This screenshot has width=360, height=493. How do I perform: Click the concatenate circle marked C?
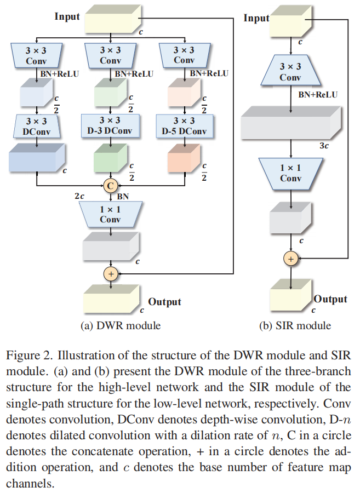[x=110, y=185]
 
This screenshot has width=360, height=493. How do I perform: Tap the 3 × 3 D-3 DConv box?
[x=110, y=125]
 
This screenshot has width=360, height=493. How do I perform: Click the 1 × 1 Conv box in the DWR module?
[x=110, y=214]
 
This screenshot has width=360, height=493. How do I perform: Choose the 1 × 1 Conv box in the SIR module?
[x=290, y=173]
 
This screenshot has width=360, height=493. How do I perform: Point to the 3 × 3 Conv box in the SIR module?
[x=290, y=72]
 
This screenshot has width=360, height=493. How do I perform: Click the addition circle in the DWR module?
[x=111, y=273]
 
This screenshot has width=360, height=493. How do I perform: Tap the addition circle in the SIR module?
[x=291, y=259]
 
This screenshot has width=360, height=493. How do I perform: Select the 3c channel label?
[x=324, y=146]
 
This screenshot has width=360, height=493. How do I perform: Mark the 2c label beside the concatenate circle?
[x=79, y=196]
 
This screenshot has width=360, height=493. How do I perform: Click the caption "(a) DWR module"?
[x=121, y=325]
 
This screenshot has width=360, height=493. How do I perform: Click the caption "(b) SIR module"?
[x=295, y=325]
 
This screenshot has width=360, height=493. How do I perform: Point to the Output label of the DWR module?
[x=164, y=302]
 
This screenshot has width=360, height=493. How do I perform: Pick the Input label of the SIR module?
[x=256, y=18]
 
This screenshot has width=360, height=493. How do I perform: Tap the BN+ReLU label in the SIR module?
[x=318, y=95]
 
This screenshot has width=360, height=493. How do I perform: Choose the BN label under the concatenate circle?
[x=123, y=196]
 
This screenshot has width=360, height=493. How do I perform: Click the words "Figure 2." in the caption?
[x=28, y=355]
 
